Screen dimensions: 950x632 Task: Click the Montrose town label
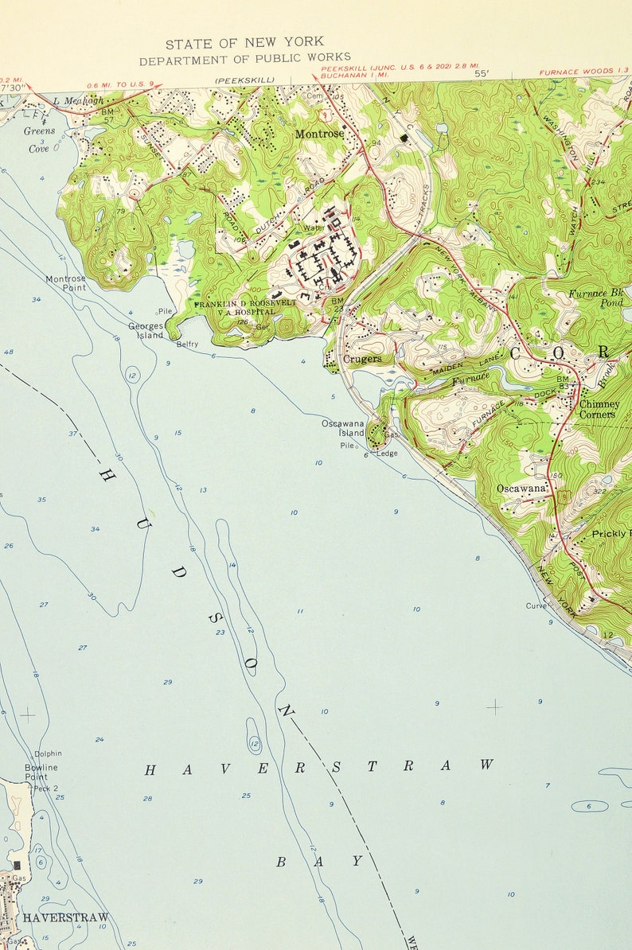tap(319, 134)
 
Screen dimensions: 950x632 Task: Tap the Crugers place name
tap(362, 359)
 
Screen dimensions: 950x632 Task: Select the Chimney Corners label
tap(599, 409)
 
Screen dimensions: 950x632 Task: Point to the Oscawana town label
tap(521, 488)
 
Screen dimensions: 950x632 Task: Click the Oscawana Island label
tap(343, 428)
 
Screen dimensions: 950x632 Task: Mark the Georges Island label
tap(146, 330)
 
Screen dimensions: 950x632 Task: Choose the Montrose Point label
tap(65, 283)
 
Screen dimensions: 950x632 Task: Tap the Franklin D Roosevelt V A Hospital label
tap(245, 308)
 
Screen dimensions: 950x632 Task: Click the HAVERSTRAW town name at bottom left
tap(65, 917)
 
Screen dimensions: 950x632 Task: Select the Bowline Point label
tap(41, 772)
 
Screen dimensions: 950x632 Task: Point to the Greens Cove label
tap(39, 139)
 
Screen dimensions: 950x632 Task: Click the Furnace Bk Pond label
tap(598, 298)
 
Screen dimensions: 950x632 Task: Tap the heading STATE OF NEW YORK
tap(244, 43)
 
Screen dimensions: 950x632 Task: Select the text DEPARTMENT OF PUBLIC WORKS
tap(244, 59)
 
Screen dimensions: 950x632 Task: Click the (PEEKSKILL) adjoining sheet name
tap(244, 80)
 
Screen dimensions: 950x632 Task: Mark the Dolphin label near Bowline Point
tap(48, 753)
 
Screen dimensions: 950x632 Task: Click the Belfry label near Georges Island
tap(187, 345)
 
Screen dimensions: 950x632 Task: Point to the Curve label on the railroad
tap(536, 605)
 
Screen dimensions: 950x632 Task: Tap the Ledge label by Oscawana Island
tap(387, 454)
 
